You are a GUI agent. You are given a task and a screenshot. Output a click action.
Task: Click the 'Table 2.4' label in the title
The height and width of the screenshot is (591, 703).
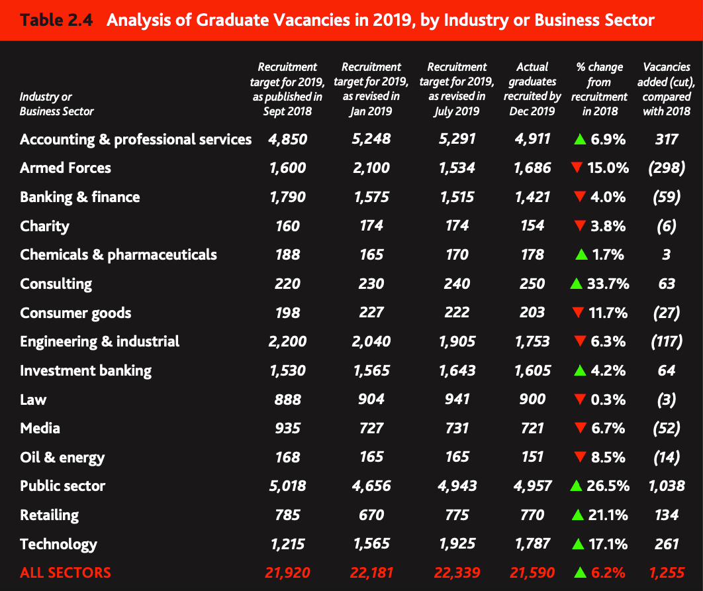click(56, 20)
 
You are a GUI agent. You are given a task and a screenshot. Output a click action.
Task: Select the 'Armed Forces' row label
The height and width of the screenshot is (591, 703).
click(66, 168)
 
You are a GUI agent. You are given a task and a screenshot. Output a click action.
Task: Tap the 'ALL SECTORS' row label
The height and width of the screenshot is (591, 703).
click(66, 573)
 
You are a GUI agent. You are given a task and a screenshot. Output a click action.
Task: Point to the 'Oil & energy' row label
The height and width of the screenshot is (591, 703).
click(62, 458)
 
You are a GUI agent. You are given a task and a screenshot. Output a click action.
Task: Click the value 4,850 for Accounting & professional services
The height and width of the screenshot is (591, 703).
click(288, 139)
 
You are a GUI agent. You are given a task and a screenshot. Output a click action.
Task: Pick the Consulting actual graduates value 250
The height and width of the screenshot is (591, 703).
click(533, 284)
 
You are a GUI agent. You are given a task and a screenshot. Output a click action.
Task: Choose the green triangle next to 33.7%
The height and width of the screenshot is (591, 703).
click(576, 284)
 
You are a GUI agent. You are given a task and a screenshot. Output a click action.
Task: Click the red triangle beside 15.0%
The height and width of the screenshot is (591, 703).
click(577, 168)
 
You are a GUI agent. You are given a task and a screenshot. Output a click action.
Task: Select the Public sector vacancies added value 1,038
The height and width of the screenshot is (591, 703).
click(667, 486)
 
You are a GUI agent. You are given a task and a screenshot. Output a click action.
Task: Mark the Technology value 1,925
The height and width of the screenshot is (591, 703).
click(457, 544)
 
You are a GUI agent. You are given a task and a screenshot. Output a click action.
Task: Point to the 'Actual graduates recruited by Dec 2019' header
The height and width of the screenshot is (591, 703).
click(533, 89)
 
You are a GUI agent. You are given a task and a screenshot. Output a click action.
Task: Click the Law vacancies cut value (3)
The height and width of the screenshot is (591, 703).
click(667, 400)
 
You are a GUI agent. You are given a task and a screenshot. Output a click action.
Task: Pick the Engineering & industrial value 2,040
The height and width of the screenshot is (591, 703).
click(371, 342)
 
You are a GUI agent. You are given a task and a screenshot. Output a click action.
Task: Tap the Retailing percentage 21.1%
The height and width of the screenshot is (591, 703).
click(608, 515)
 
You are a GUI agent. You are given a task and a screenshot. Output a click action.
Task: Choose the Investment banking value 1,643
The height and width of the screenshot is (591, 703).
click(457, 371)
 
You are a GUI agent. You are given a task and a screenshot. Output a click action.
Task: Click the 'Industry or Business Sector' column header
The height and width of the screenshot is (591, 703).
click(57, 104)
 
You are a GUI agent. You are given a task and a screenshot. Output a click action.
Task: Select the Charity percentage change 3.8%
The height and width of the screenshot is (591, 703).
click(607, 227)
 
